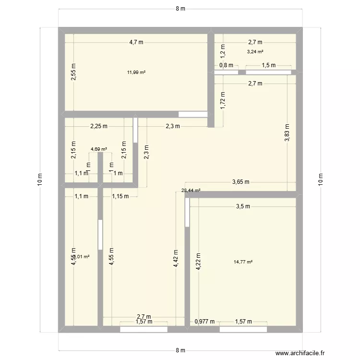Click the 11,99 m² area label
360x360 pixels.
point(136,72)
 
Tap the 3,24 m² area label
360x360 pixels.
point(255,52)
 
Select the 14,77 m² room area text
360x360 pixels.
point(243,262)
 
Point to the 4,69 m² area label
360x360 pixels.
point(99,149)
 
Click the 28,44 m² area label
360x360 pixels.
point(191,191)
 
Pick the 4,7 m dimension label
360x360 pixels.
point(136,42)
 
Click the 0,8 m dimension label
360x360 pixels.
point(226,65)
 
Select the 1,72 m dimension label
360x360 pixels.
point(222,101)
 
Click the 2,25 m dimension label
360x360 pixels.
point(99,126)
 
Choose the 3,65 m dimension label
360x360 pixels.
point(241,182)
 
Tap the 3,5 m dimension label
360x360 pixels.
point(243,206)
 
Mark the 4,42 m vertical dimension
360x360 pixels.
point(176,259)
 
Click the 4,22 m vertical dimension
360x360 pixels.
point(198,262)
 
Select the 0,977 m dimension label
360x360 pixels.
point(204,322)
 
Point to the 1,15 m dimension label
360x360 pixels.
point(120,196)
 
